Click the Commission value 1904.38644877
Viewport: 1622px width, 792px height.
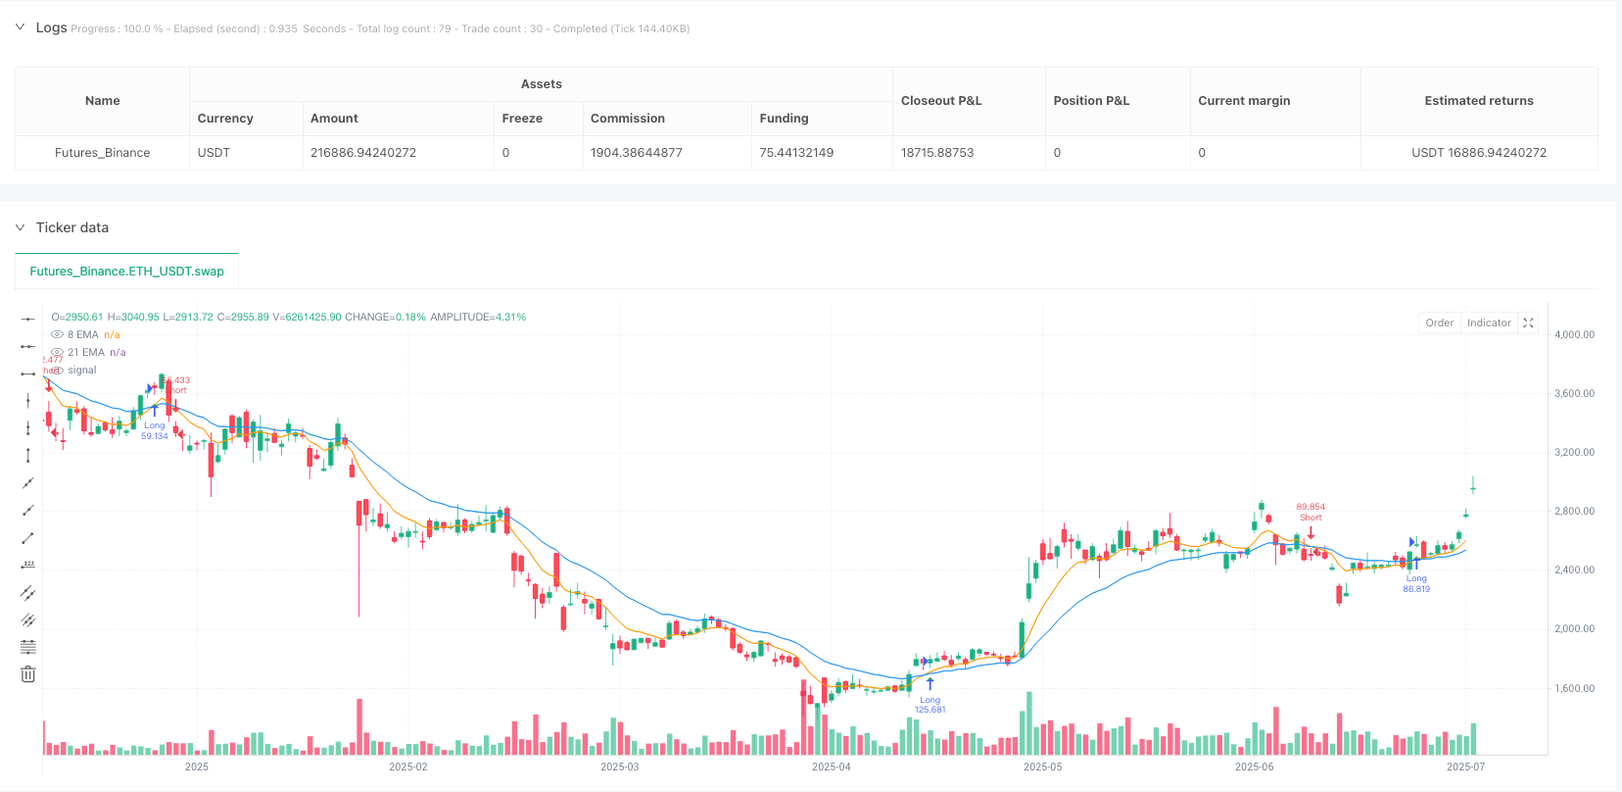(636, 153)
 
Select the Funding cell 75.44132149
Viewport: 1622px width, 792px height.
(796, 153)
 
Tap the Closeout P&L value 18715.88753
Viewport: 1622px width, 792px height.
(937, 153)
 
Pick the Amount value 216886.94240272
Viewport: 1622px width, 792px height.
(363, 153)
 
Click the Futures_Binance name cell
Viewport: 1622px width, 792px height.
(102, 153)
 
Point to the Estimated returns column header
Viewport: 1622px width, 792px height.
(1478, 101)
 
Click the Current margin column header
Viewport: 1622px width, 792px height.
(1244, 101)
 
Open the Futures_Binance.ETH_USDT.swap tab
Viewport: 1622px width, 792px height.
(126, 272)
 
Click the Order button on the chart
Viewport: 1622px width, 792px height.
(1439, 322)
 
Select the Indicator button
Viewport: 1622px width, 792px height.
(1489, 322)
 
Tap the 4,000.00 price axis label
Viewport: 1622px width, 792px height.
(1574, 335)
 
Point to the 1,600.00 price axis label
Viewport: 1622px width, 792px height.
(1574, 688)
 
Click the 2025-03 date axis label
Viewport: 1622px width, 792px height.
(619, 767)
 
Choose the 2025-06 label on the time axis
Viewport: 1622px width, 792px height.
(1254, 767)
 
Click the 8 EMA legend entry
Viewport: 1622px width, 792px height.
(83, 335)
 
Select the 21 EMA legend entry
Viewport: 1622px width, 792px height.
(86, 353)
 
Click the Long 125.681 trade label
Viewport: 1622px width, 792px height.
(930, 705)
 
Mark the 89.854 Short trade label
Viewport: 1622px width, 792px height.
(1311, 512)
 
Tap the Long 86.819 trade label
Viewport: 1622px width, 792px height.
(1416, 583)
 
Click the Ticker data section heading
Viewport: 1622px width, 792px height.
(72, 227)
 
